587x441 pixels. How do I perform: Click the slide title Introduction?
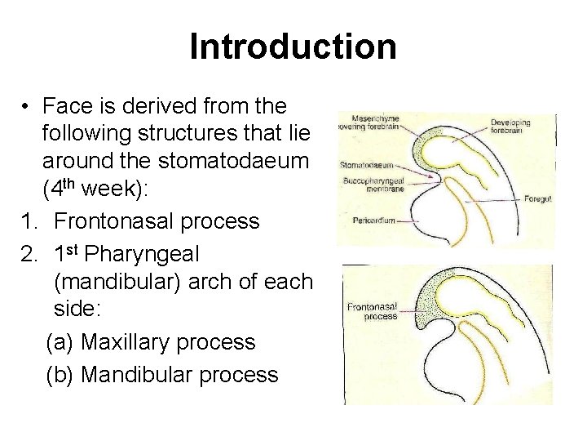293,47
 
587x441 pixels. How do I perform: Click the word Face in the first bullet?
66,107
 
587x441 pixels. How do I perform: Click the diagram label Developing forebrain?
510,127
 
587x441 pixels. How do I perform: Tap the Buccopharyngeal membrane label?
372,183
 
